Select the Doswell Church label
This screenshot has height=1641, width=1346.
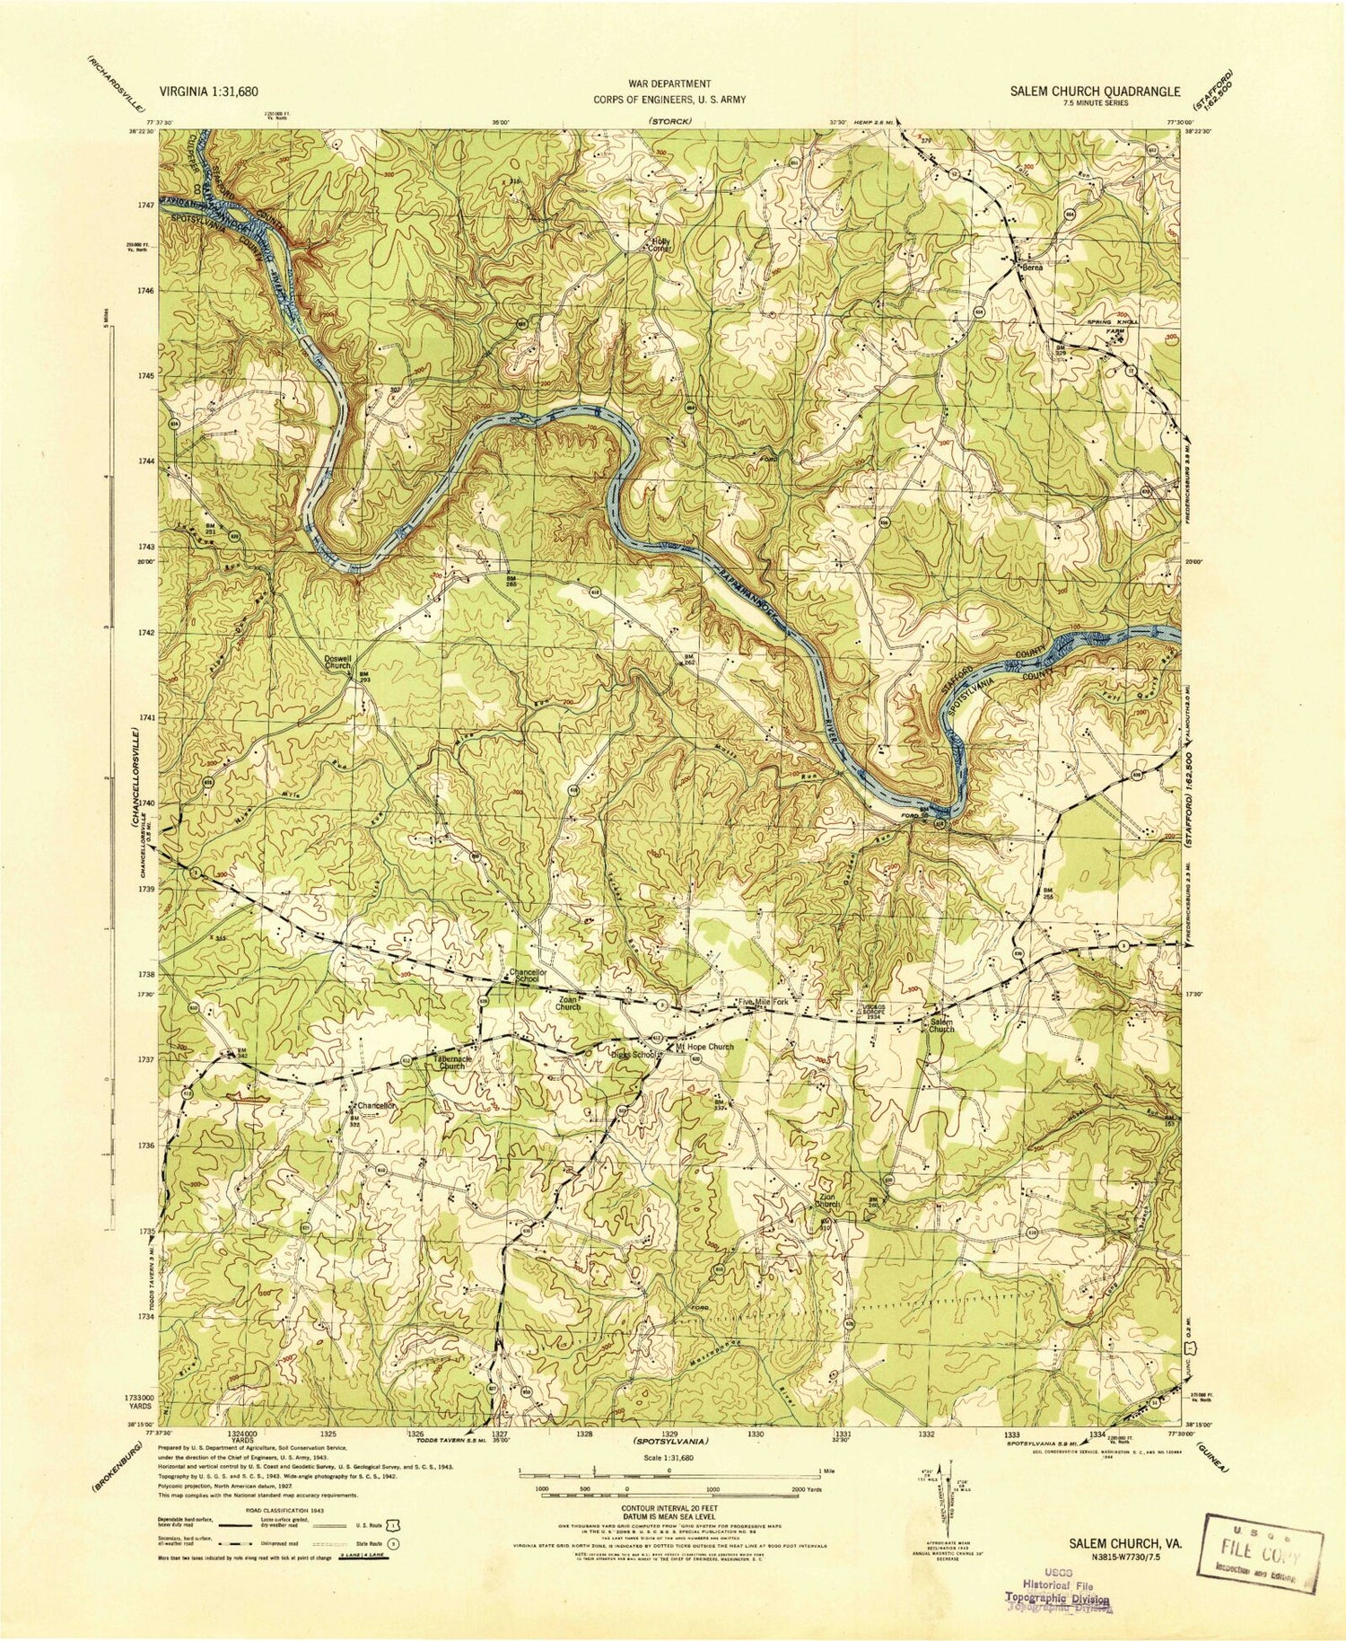click(337, 663)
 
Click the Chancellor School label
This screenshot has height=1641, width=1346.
click(528, 975)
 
